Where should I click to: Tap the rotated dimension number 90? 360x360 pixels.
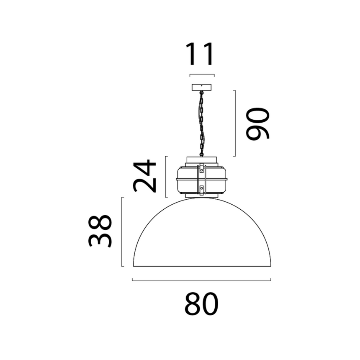[x=257, y=123]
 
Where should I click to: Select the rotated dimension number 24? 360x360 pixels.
[x=144, y=176]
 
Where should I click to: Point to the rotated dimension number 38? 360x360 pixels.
[x=100, y=231]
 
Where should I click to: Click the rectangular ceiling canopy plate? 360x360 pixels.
[x=201, y=87]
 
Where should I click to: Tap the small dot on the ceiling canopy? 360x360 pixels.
[x=201, y=86]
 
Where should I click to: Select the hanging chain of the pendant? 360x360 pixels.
[x=201, y=121]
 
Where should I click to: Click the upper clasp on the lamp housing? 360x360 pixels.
[x=201, y=169]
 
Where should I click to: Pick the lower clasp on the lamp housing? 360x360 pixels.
[x=201, y=189]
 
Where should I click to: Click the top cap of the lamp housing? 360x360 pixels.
[x=201, y=159]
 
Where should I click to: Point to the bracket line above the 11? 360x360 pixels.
[x=201, y=75]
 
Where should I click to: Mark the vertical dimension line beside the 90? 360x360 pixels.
[x=235, y=123]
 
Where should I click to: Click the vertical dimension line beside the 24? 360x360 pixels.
[x=166, y=176]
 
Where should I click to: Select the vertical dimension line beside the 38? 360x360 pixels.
[x=122, y=231]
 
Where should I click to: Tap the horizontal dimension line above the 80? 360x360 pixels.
[x=201, y=280]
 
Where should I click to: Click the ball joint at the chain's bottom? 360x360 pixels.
[x=201, y=154]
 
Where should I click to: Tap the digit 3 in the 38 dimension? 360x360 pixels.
[x=100, y=240]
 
